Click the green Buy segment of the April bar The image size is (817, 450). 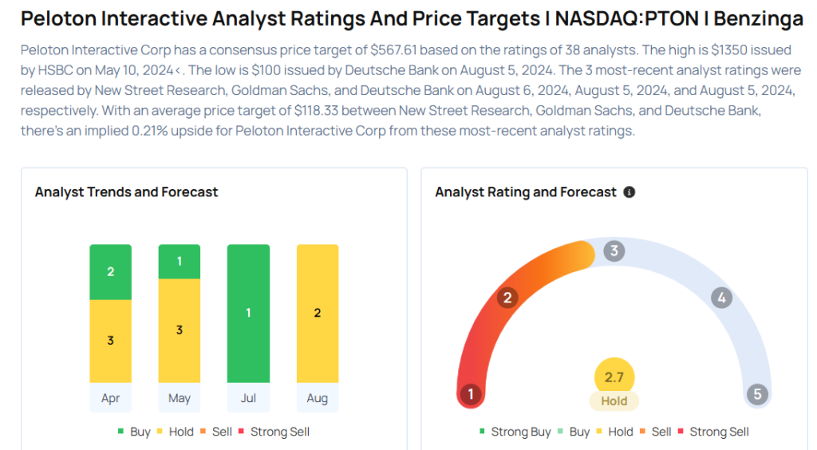[110, 272]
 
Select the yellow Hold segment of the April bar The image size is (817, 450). [110, 341]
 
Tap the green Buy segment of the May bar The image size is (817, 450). [180, 262]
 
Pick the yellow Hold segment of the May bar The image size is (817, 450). [180, 330]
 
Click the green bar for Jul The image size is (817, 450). [248, 313]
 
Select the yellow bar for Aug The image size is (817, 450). [318, 313]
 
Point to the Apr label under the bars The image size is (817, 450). [110, 397]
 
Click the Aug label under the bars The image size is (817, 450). [318, 397]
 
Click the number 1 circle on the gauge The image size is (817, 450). [472, 394]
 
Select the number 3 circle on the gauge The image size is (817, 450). [614, 251]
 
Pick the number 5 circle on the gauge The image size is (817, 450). [756, 394]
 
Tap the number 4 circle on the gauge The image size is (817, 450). [720, 298]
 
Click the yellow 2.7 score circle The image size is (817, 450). [614, 377]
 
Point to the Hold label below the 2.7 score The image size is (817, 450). [614, 401]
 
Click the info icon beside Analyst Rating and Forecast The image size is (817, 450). [630, 192]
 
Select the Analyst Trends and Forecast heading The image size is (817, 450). [127, 192]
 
